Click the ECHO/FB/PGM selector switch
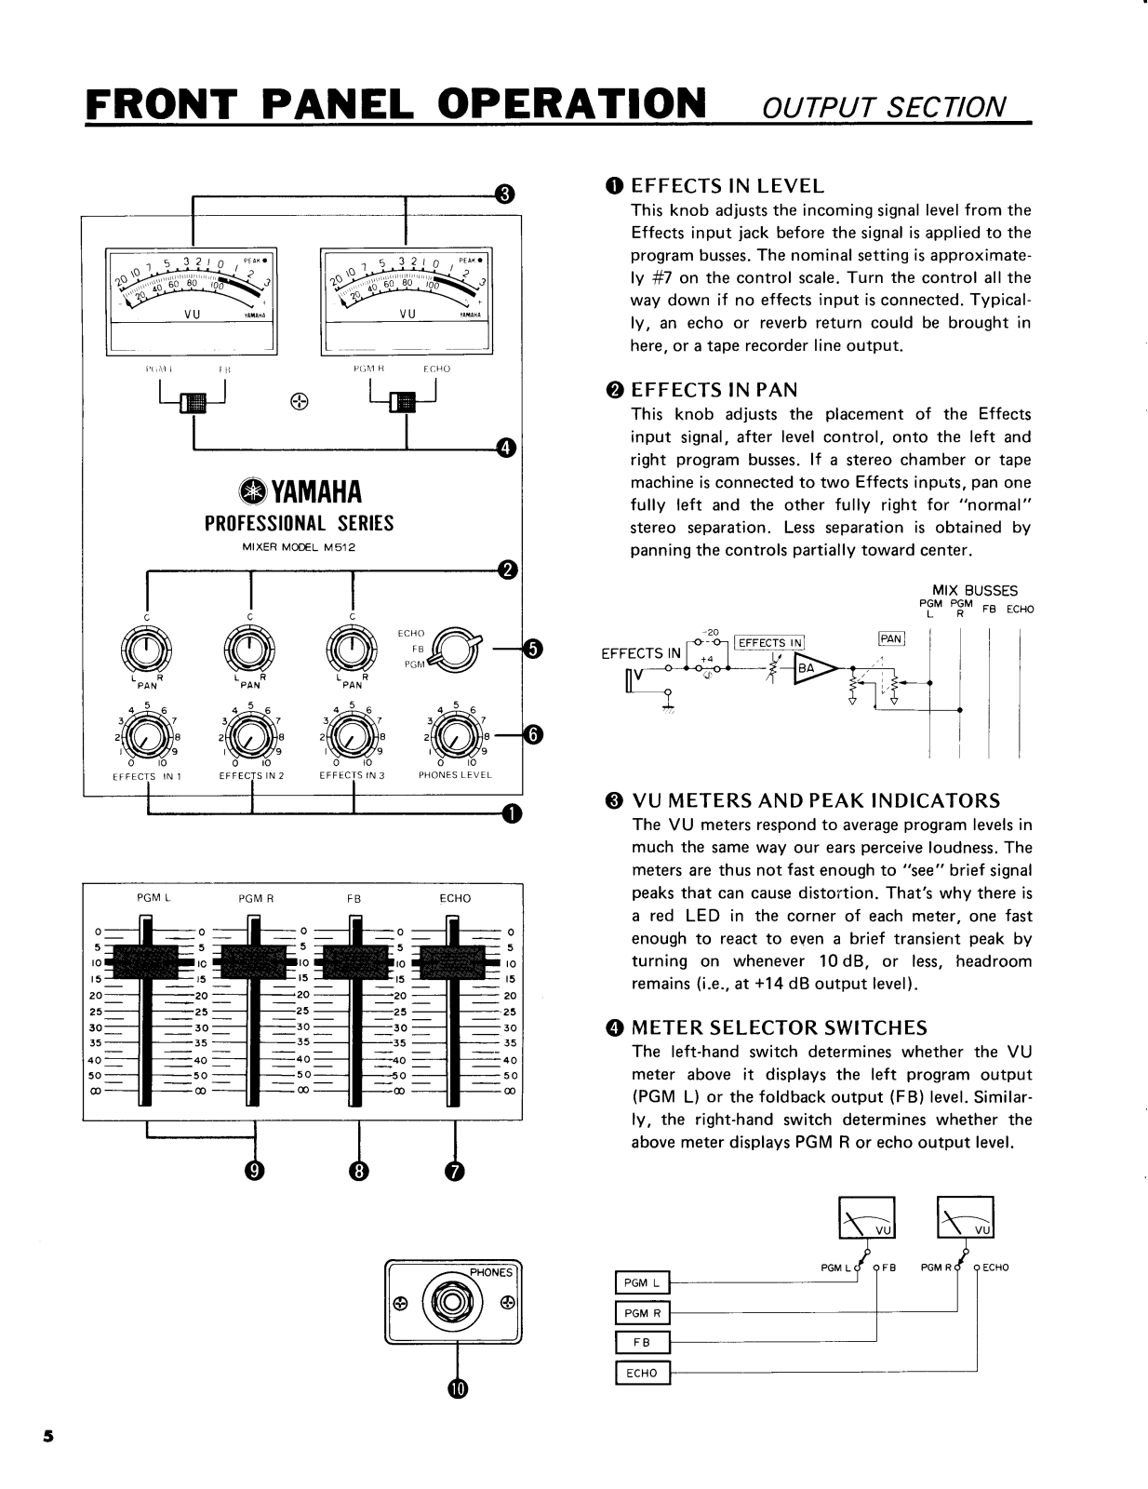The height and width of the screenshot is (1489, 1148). click(455, 649)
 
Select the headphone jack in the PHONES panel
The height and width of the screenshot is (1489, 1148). click(453, 1301)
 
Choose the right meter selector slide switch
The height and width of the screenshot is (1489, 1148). click(405, 403)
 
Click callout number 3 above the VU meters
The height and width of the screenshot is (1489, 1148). click(503, 194)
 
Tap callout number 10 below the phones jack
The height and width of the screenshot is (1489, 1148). click(456, 1388)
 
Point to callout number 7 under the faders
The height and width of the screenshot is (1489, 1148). click(454, 1172)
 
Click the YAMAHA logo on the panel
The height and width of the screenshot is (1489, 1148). click(300, 491)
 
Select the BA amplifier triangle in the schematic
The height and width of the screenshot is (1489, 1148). click(812, 667)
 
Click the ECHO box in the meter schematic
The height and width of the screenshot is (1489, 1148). click(642, 1373)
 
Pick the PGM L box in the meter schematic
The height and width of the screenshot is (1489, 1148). click(642, 1282)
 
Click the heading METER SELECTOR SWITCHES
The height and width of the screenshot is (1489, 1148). click(779, 1028)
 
